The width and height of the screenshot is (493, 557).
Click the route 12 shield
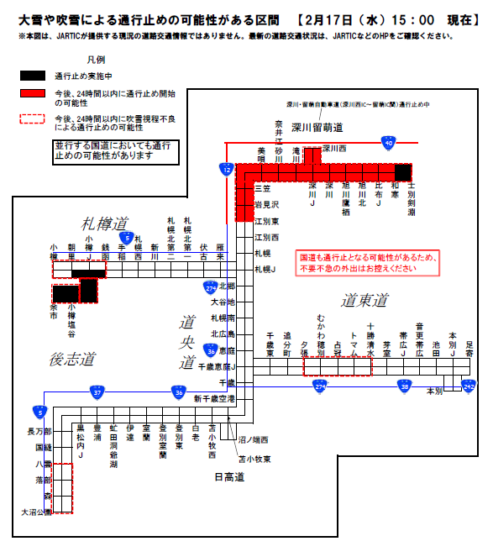tap(227, 170)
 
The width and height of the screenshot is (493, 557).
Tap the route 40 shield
tap(387, 143)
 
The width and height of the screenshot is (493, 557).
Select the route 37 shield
tap(98, 391)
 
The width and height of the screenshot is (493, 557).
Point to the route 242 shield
tap(469, 385)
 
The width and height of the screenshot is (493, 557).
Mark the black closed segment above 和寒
tap(403, 172)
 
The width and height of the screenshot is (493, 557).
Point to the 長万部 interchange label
tap(39, 432)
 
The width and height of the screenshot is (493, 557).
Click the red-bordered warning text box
tap(356, 262)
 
